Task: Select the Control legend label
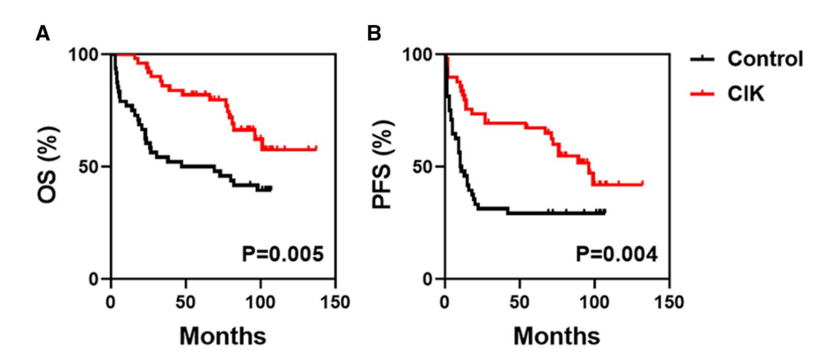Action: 765,59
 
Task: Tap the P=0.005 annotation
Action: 283,255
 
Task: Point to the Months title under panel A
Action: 223,335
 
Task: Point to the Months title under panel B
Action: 556,335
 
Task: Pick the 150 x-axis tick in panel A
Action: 335,302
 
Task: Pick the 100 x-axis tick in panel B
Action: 595,302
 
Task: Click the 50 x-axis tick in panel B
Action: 520,302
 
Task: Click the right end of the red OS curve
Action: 316,149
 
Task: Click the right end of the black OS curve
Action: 271,188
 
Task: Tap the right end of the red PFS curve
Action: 642,184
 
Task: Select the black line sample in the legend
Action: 703,59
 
